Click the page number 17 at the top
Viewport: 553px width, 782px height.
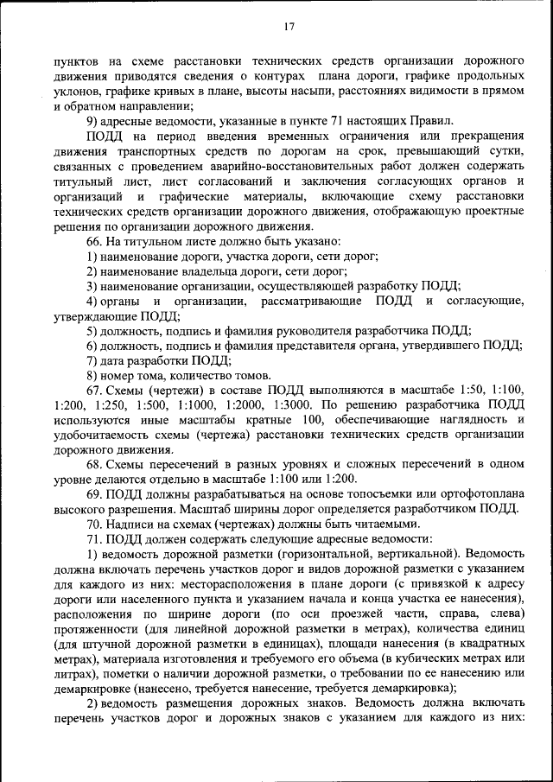pyautogui.click(x=289, y=27)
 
